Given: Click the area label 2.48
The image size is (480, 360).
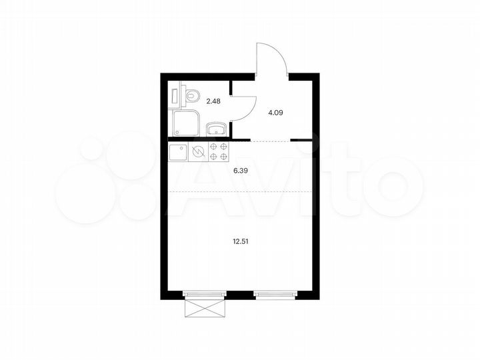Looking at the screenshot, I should tap(213, 101).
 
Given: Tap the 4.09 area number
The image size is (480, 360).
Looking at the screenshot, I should tap(275, 113).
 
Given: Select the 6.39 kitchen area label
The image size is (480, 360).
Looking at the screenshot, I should tap(241, 171).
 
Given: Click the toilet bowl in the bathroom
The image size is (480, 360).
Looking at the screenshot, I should tap(191, 96).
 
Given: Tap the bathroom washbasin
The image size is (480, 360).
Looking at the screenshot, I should tap(216, 129).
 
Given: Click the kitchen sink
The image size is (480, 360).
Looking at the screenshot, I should tap(179, 153).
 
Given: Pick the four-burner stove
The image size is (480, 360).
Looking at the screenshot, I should tap(219, 153).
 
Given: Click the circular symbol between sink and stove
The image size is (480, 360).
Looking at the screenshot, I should tap(197, 153).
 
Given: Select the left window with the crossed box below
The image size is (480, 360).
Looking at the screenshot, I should tap(205, 293).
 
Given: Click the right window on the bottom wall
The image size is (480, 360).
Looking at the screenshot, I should tap(275, 293).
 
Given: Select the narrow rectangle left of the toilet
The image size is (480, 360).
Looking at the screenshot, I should tap(175, 94).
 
